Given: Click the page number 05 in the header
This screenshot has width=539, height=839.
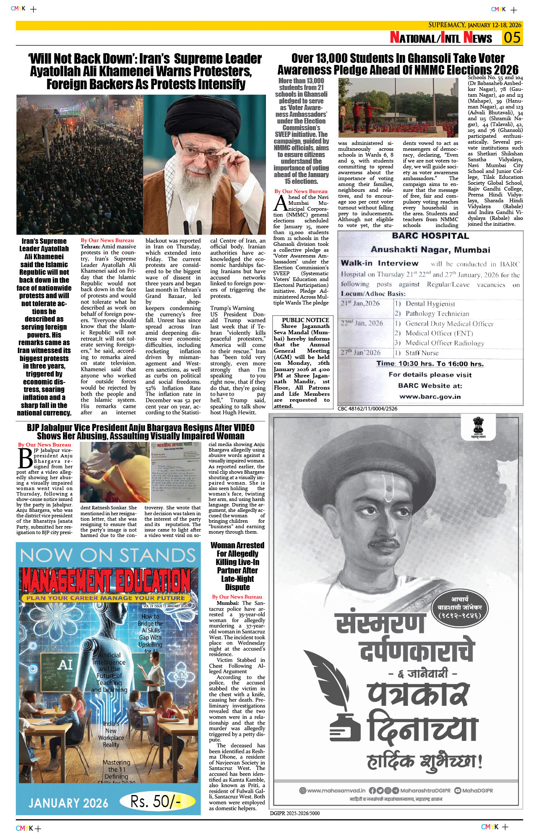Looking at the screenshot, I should (x=512, y=38).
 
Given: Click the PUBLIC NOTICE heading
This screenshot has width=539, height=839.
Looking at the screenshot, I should (x=305, y=320).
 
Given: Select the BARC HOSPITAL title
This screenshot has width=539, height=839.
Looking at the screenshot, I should (x=430, y=236).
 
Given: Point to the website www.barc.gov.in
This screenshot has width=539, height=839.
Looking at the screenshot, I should (x=430, y=397).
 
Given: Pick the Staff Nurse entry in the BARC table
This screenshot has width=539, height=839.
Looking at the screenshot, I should (x=422, y=353).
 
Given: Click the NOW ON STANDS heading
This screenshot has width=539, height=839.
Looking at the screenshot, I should (x=108, y=556).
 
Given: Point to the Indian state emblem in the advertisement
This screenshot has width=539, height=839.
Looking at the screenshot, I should (x=478, y=426).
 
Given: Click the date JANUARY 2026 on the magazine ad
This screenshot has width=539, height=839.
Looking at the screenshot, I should (x=68, y=803).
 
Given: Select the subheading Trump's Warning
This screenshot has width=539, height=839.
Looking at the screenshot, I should (x=232, y=308).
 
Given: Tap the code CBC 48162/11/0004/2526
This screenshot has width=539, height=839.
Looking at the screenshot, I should (x=367, y=409).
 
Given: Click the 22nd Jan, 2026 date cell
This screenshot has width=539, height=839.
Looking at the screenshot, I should (x=362, y=323).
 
